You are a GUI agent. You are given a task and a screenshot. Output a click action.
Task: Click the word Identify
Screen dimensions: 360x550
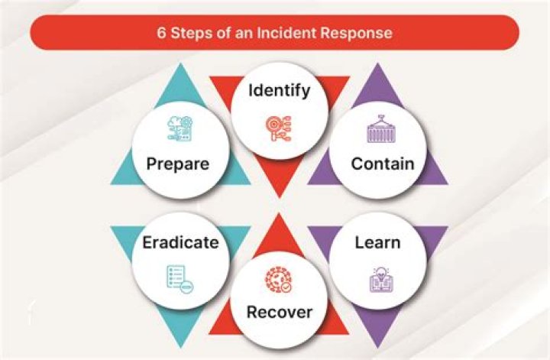point(280,91)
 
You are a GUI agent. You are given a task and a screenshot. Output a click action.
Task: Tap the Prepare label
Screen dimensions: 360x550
point(180,164)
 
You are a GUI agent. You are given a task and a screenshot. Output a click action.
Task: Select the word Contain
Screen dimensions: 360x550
point(382,164)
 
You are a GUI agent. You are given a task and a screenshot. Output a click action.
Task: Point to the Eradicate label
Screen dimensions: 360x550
point(180,244)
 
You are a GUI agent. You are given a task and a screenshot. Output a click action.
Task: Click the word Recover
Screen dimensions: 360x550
point(279,313)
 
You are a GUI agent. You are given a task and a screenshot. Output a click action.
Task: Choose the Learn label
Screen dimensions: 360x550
point(377,243)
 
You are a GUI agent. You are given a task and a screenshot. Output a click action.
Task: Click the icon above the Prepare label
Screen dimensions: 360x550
point(180,128)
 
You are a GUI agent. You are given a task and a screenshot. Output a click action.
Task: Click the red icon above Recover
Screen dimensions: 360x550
point(277,280)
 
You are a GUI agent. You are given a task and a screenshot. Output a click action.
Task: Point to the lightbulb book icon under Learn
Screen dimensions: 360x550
point(379,278)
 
